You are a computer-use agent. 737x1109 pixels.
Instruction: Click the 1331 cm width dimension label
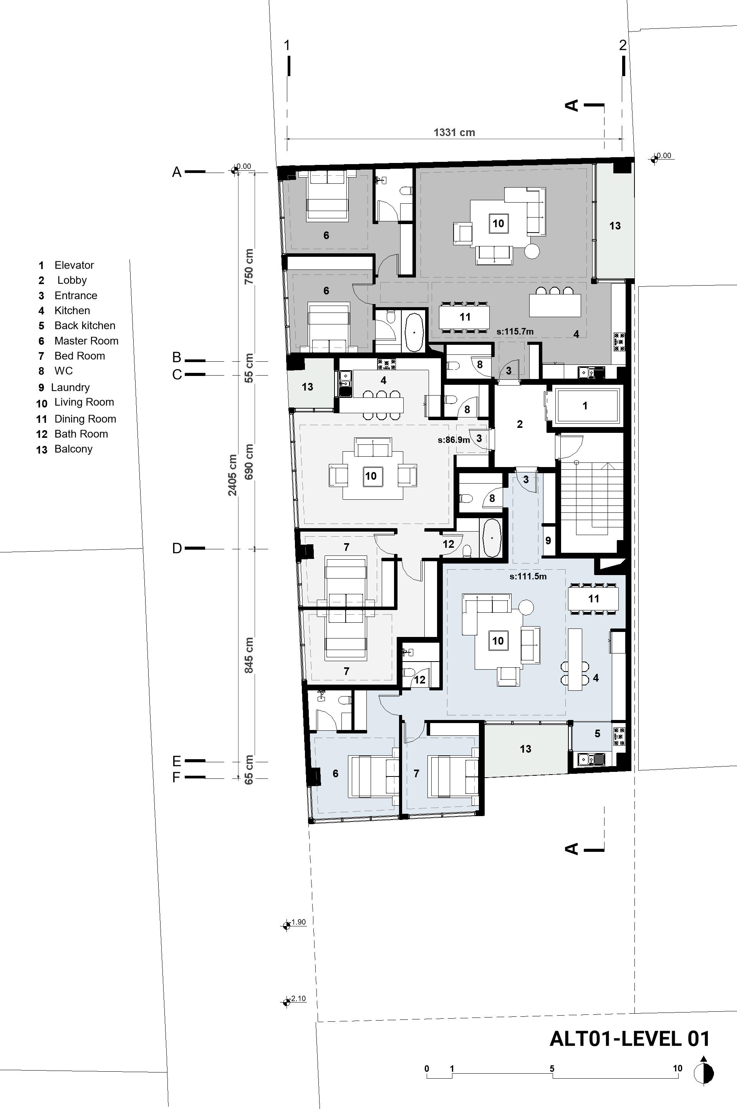454,132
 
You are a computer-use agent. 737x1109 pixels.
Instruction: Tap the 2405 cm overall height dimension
232,475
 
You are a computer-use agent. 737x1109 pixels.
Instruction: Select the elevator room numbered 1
585,406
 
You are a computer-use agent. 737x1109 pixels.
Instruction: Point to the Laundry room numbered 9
548,541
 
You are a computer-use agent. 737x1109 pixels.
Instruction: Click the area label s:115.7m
515,332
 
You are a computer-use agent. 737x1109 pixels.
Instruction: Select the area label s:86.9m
454,440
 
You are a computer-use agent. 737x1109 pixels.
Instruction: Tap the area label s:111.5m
528,576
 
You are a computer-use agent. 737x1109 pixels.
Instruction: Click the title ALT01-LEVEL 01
629,1038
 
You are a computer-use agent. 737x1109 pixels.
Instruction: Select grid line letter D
177,549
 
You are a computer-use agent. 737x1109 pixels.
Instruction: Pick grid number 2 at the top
623,45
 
